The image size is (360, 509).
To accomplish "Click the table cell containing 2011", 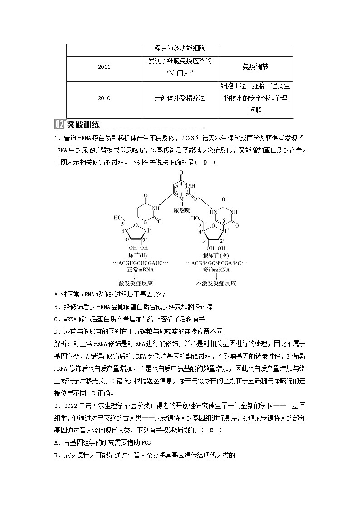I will coord(104,67).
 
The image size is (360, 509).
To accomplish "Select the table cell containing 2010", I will coord(104,98).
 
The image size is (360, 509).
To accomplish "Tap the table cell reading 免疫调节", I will coord(255,67).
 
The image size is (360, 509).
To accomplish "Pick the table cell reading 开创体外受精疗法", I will coord(180,98).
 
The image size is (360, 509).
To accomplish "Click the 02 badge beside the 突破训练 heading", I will coord(59,125).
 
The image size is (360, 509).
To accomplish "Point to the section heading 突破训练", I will coord(83,125).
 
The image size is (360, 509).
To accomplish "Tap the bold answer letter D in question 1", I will coord(204,163).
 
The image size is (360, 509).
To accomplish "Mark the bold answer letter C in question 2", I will coord(211,430).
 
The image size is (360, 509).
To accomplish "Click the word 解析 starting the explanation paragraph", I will coord(60,344).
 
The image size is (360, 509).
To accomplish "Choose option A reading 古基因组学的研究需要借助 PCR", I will coord(99,443).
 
